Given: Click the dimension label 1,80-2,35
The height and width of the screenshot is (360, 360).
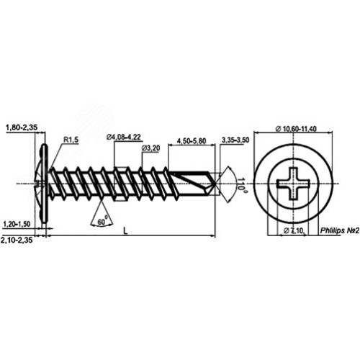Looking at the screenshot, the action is [x=22, y=127].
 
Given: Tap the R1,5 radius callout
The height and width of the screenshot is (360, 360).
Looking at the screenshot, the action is [x=71, y=140].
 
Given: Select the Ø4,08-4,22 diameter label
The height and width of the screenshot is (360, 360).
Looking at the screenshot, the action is [x=124, y=137].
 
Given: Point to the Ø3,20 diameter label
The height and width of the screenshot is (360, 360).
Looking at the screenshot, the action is [x=151, y=148].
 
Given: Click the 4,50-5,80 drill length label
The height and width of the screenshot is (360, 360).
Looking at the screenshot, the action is [x=192, y=141].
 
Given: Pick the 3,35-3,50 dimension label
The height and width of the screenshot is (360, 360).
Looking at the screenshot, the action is [x=235, y=140].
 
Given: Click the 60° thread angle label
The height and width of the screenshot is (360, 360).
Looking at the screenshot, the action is [x=102, y=221].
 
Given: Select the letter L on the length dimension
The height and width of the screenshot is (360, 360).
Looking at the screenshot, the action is [x=125, y=231].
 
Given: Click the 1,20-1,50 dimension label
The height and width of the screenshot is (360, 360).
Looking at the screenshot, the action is [x=17, y=224].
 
